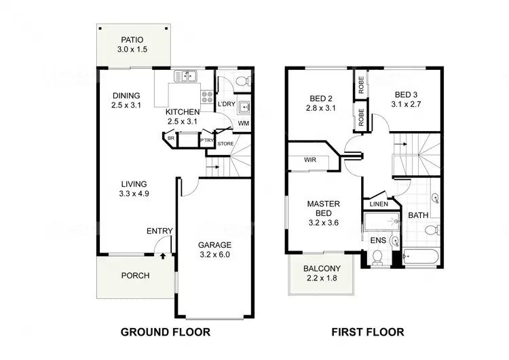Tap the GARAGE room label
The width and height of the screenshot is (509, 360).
(x=214, y=245)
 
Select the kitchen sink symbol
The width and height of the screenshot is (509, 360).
(x=187, y=76)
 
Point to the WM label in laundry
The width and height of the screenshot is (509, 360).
(x=243, y=124)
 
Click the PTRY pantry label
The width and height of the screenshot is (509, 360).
(x=206, y=140)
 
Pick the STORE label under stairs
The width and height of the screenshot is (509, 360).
(x=225, y=143)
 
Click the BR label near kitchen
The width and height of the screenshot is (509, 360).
(x=171, y=139)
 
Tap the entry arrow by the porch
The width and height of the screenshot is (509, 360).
(x=163, y=257)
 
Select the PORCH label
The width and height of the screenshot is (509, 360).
(x=135, y=276)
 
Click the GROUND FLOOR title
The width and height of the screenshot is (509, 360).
(x=165, y=332)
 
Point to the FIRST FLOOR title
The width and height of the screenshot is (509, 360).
(x=367, y=332)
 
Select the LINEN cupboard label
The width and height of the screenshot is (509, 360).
(x=379, y=204)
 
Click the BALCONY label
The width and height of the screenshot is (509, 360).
(x=322, y=268)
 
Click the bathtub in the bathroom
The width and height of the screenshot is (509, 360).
(x=421, y=257)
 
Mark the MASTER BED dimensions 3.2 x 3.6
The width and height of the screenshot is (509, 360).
(x=323, y=221)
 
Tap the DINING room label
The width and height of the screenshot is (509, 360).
(x=126, y=95)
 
